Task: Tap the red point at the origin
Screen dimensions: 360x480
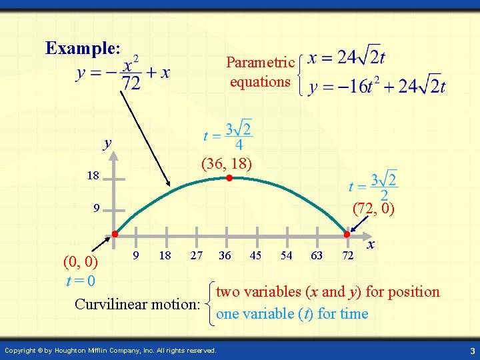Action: (x=115, y=234)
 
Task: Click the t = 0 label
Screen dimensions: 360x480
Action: (x=81, y=281)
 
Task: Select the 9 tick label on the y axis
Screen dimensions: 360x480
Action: (x=96, y=208)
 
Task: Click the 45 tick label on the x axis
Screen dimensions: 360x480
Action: (x=255, y=255)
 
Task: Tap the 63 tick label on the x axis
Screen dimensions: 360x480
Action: (x=317, y=255)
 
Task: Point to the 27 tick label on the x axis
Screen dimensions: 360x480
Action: (x=196, y=255)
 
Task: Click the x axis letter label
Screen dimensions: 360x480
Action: (x=371, y=245)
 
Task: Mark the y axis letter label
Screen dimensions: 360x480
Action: (x=107, y=143)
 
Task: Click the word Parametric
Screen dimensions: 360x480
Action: (x=260, y=63)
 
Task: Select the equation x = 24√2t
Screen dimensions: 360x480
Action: (x=346, y=57)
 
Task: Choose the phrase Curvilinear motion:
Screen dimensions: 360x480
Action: (x=137, y=305)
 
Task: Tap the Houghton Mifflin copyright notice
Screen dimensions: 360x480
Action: (x=110, y=350)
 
